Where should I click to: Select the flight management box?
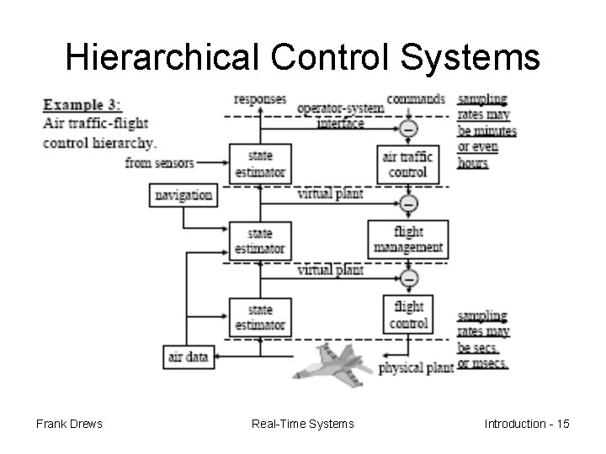coord(407,239)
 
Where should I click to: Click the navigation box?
coord(183,195)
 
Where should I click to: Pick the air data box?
coord(189,356)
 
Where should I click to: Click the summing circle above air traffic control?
coord(409,129)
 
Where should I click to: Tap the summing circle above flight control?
coord(409,277)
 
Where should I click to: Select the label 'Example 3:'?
coord(82,105)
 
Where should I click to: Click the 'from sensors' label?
coord(159,162)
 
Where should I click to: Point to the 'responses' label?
coord(260,99)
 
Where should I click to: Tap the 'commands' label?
coord(416,99)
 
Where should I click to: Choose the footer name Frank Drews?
coord(69,424)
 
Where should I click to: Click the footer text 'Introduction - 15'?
coord(527,424)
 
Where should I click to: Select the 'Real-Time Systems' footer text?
coord(303,424)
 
